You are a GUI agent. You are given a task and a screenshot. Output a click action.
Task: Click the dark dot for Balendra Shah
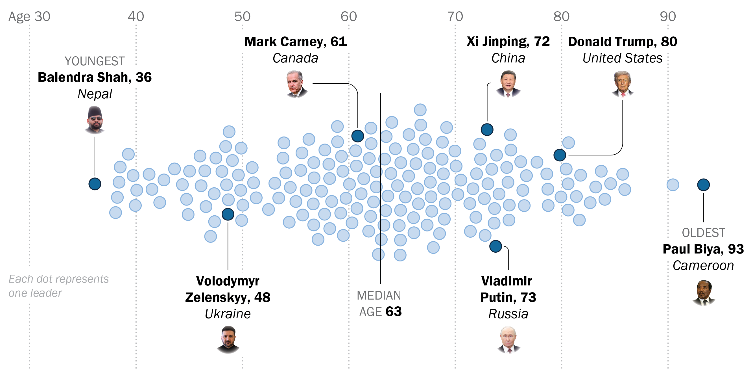point(95,184)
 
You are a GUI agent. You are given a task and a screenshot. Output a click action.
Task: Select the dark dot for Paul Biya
point(703,185)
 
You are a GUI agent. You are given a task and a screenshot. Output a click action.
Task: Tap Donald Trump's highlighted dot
point(560,155)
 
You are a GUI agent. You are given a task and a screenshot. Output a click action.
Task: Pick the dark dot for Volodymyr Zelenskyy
point(228,214)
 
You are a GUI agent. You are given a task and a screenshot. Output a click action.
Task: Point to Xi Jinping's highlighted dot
point(487,129)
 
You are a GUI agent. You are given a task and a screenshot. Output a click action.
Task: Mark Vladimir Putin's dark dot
point(496,246)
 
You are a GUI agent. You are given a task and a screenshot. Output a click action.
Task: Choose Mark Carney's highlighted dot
point(357,136)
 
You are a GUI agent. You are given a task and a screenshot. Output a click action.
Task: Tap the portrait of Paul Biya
point(704,293)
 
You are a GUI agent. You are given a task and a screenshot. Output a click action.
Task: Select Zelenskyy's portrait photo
point(228,339)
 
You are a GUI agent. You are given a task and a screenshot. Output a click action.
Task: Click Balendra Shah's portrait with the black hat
point(95,120)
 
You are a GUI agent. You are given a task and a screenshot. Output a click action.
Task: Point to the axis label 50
point(242,16)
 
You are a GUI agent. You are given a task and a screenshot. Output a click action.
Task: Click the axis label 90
point(668,16)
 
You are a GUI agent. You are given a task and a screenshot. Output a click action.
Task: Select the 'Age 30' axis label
point(29,17)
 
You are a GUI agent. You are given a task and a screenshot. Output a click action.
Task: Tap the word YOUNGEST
point(95,61)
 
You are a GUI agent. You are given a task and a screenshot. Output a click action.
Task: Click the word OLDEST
point(703,233)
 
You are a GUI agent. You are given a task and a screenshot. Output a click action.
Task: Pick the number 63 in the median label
point(394,311)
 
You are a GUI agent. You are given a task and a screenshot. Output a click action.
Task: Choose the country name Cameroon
point(703,265)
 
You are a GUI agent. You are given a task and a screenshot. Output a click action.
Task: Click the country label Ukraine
point(228,314)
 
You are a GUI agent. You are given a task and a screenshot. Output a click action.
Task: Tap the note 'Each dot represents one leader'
point(58,286)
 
